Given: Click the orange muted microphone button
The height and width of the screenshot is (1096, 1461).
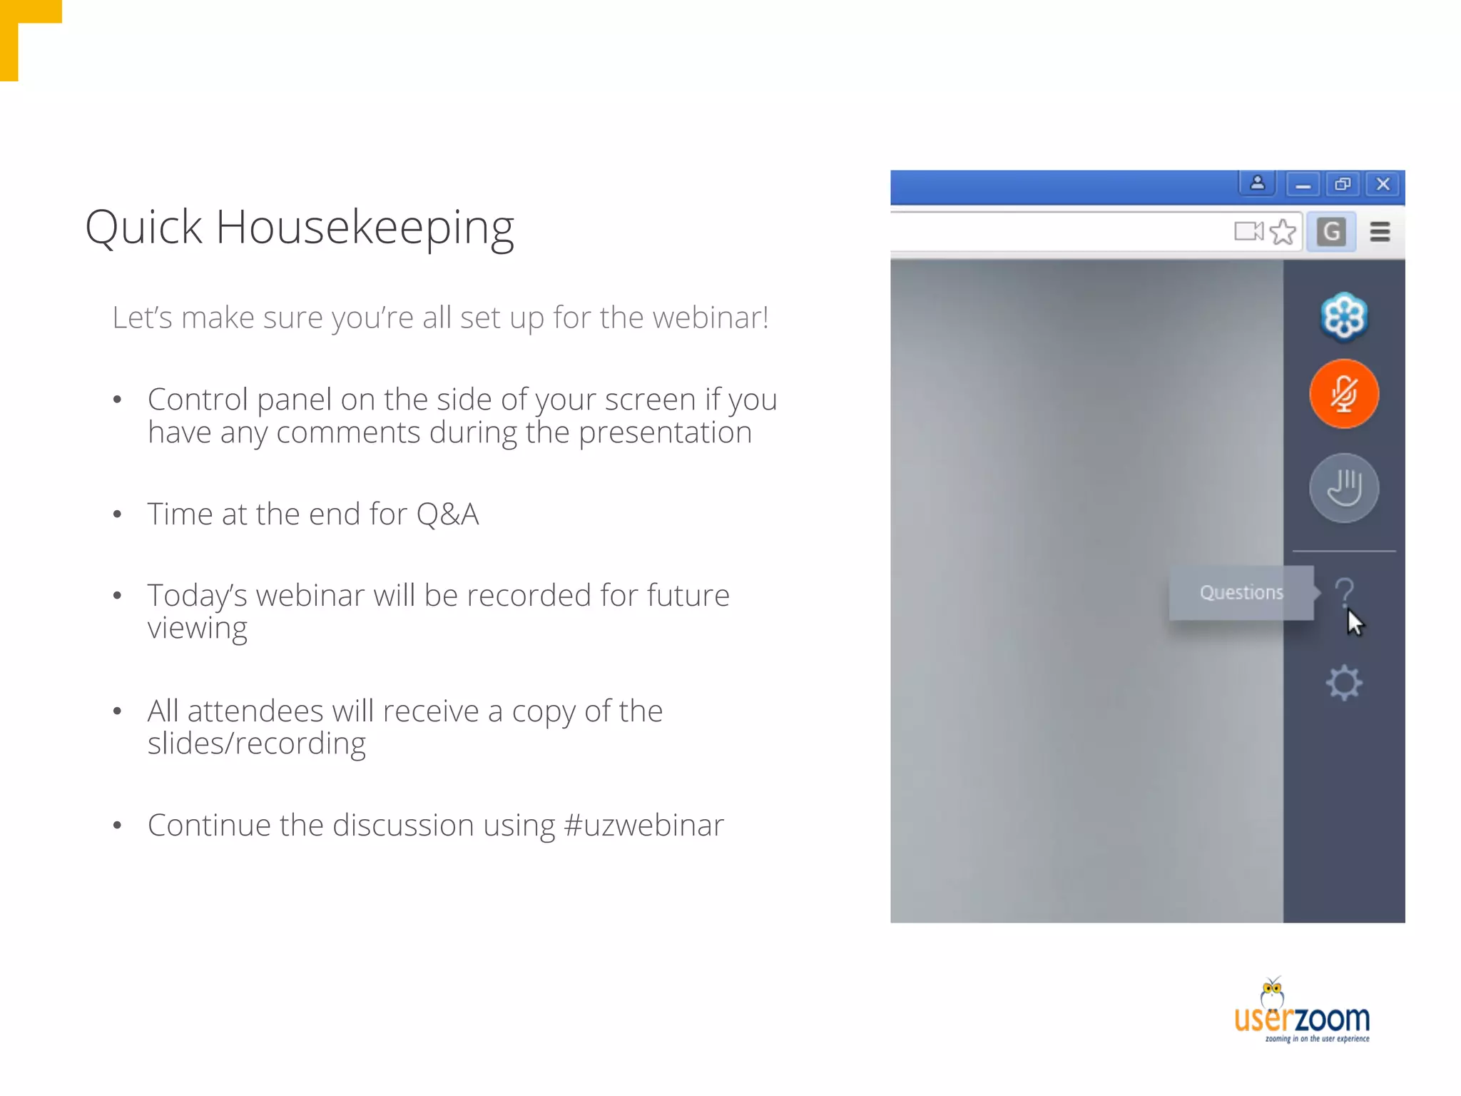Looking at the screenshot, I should [1344, 394].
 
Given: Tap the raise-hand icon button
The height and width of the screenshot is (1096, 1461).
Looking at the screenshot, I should [1344, 488].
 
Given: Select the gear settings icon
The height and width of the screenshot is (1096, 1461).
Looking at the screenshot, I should [1344, 683].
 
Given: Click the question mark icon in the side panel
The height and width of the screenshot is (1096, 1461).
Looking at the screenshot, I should [1344, 591].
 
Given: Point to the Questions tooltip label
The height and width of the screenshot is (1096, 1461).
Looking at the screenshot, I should [1241, 592].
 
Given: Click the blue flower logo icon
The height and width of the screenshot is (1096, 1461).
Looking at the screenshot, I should [1344, 316].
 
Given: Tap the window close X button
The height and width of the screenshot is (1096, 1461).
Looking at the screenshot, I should [1383, 184].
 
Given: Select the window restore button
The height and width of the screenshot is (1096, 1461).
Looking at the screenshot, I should [1343, 184].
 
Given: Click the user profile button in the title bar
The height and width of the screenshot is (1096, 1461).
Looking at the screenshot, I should [1258, 183].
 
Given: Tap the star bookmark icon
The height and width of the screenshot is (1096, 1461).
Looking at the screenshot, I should [1283, 232].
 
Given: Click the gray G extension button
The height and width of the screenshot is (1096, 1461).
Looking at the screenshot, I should [1331, 232].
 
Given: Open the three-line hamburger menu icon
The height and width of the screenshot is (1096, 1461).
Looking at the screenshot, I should [1380, 232].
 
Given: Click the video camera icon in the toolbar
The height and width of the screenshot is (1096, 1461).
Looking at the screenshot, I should [1248, 231].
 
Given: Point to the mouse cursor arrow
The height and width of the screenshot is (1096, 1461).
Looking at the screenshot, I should [1354, 622].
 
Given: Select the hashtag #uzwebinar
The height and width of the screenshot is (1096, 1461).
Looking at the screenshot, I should [643, 826].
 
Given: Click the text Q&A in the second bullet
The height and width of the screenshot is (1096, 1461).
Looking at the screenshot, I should [447, 514].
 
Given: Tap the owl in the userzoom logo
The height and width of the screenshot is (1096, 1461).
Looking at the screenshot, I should [1273, 992].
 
